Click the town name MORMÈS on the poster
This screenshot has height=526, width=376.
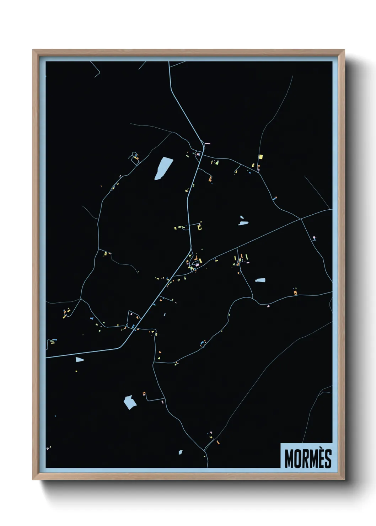(308, 458)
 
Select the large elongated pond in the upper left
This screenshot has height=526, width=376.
(163, 168)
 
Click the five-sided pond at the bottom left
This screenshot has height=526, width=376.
(130, 402)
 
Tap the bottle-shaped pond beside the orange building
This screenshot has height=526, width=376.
(260, 280)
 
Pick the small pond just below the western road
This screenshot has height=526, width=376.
(79, 360)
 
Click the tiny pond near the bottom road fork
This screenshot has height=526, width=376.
(180, 452)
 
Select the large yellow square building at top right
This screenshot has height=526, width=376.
(260, 157)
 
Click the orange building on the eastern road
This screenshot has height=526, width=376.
(295, 293)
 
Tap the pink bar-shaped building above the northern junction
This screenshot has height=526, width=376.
(208, 144)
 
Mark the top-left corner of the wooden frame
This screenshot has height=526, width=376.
(33, 50)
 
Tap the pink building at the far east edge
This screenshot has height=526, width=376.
(314, 237)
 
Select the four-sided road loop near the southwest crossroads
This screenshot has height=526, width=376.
(133, 318)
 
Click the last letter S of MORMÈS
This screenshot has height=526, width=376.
(328, 458)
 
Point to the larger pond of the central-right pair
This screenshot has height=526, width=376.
(243, 223)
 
